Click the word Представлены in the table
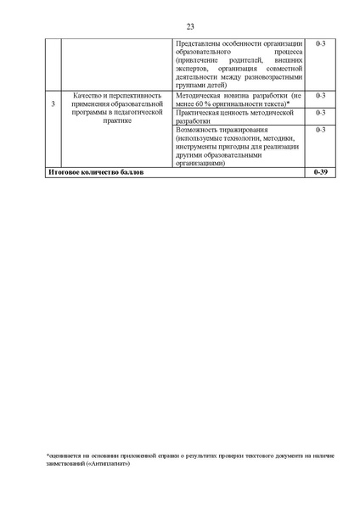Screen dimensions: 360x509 (x=195, y=44)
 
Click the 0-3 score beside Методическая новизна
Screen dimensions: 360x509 (x=320, y=96)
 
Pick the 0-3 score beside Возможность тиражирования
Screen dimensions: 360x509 (x=320, y=131)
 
